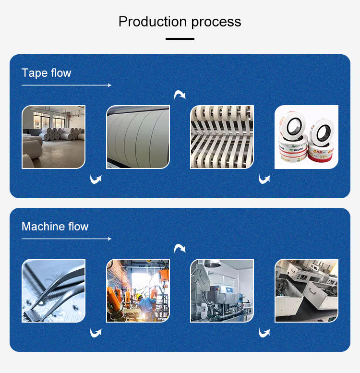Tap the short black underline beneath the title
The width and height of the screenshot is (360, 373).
coord(180,38)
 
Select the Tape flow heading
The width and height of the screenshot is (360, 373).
coord(47,73)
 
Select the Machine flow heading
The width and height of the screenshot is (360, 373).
coord(55,227)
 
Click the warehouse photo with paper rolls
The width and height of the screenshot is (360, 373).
coord(53,137)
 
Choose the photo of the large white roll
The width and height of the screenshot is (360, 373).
coord(138,137)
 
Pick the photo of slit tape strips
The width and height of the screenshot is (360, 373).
coord(222,137)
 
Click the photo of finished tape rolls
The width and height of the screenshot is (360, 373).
coord(306,137)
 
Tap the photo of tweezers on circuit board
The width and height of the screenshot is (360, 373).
coord(53,290)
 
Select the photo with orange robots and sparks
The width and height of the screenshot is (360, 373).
coord(138,290)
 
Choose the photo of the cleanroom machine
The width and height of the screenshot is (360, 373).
coord(222,290)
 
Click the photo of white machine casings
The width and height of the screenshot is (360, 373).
coord(306,290)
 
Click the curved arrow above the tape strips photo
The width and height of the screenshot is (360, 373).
coord(180,95)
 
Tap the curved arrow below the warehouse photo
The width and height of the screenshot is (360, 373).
coord(96,180)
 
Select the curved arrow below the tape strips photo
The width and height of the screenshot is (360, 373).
coord(264,180)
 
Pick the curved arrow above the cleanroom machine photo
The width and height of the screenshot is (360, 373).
coord(180,248)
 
